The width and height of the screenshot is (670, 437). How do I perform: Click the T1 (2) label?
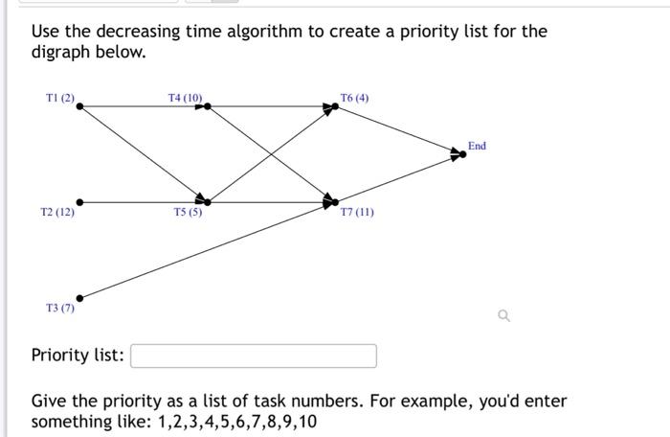tap(59, 98)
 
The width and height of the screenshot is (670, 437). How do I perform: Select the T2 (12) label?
tap(57, 212)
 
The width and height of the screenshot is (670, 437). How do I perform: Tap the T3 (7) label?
tap(59, 308)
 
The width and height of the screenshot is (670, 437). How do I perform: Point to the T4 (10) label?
tap(185, 98)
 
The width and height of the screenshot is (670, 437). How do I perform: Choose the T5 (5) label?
tap(188, 212)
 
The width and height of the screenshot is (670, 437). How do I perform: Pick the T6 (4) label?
tap(354, 98)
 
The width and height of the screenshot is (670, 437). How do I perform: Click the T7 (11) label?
tap(357, 212)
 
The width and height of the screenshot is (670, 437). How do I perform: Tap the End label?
tap(477, 146)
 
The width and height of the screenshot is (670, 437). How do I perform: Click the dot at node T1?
tap(79, 106)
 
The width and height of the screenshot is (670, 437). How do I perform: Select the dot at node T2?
tap(79, 202)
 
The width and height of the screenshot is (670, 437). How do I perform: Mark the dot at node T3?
tap(79, 298)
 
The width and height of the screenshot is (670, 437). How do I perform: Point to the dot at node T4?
tap(208, 106)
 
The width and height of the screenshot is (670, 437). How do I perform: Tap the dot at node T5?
tap(208, 202)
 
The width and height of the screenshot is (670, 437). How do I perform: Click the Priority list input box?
tap(254, 356)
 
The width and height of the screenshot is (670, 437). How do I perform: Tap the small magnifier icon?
tap(504, 314)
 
